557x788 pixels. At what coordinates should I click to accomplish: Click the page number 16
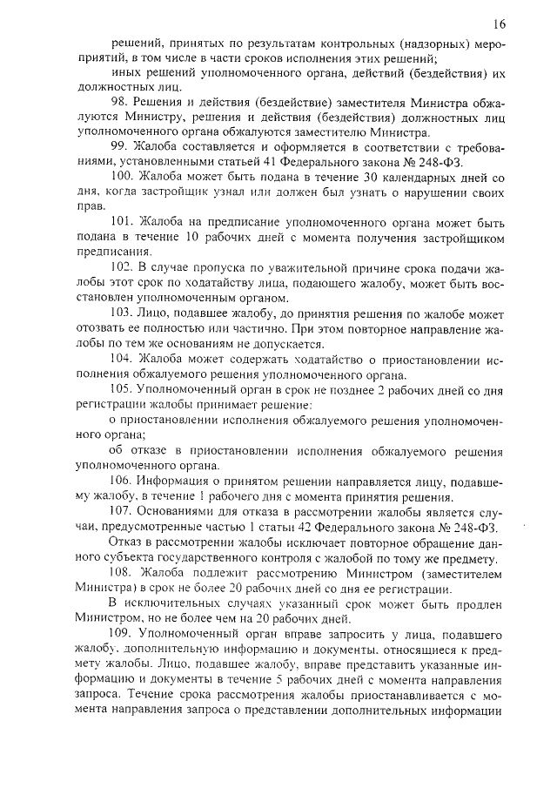(x=499, y=24)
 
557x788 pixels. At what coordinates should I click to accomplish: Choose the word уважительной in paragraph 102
(x=266, y=266)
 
